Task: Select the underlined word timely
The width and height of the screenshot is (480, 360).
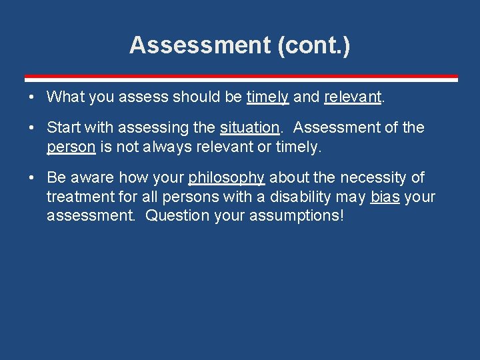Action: pos(267,97)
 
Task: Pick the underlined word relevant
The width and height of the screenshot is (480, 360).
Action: pos(353,97)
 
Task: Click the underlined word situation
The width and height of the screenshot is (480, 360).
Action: pos(249,127)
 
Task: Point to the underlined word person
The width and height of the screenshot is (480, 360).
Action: pos(71,147)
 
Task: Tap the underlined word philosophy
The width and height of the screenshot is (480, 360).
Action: pos(227,178)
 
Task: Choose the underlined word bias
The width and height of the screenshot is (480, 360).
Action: pos(385,197)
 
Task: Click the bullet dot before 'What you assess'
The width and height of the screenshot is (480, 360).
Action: pos(32,97)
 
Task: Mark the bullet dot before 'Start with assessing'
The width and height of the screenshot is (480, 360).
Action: pos(32,128)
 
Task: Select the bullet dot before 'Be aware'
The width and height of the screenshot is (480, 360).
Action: pos(32,178)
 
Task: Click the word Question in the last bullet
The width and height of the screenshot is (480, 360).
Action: pos(174,216)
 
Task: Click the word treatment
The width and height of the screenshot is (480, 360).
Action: pos(76,197)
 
